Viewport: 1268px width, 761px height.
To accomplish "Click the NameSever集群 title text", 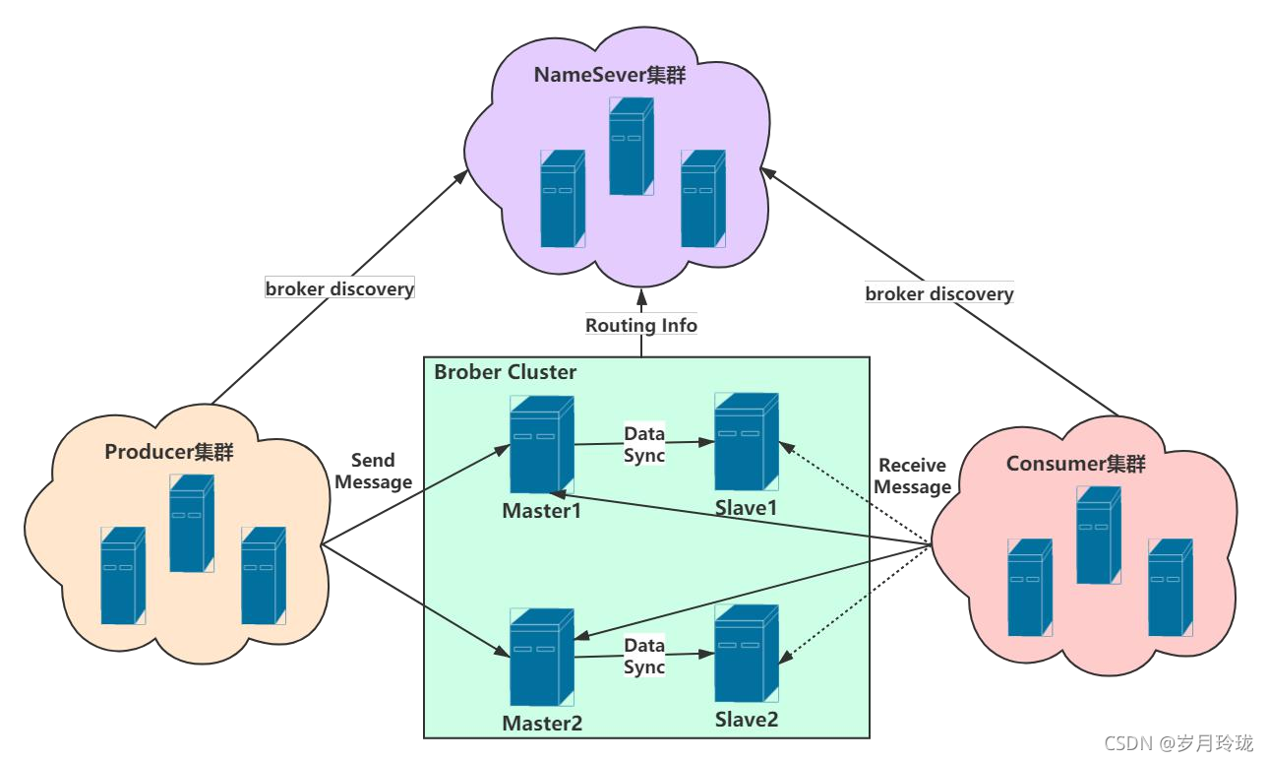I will pos(610,76).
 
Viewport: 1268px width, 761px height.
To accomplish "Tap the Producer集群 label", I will pos(169,452).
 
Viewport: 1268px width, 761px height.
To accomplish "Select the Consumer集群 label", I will pos(1075,464).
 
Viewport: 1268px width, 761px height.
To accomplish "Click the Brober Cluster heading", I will pos(506,372).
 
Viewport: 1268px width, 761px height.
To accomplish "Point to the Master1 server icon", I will pos(541,445).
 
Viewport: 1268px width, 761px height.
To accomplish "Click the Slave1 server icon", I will pos(746,441).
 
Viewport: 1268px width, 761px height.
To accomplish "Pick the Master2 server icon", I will pos(541,657).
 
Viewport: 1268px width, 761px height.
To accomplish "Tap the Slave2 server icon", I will pos(746,653).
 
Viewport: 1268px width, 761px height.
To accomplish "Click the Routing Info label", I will pos(641,325).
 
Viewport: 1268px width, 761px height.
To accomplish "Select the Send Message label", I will pos(373,472).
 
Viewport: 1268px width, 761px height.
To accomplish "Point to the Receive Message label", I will pos(912,476).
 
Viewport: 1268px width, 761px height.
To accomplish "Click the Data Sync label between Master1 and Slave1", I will pos(644,444).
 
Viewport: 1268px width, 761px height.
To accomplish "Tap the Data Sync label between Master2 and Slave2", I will pos(644,656).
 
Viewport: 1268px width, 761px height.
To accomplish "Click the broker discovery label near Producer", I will pos(339,288).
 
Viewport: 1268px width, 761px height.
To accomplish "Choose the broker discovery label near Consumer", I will pos(938,293).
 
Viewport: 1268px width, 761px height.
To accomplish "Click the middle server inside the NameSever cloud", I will pos(631,146).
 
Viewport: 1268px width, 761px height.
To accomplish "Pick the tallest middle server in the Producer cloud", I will pos(191,523).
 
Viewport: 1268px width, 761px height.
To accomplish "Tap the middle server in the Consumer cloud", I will pos(1098,535).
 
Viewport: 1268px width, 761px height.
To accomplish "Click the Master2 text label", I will pos(542,724).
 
